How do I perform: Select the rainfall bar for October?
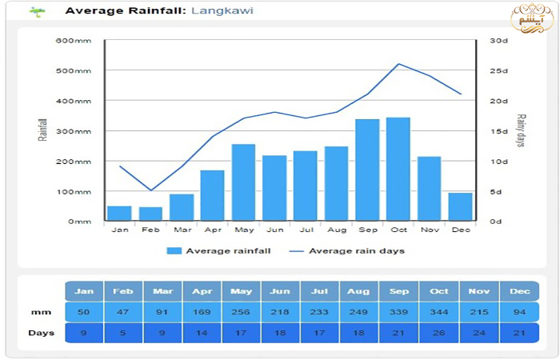(x=398, y=169)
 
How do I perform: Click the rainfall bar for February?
(x=150, y=214)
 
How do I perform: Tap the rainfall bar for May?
(x=243, y=182)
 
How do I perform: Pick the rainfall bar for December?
(x=460, y=206)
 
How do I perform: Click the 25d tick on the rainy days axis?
(x=499, y=70)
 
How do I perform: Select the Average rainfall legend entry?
(x=218, y=250)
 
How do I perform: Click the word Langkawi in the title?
(x=218, y=11)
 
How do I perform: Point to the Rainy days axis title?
(x=520, y=130)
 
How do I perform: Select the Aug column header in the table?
(x=359, y=291)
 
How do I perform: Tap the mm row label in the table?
(x=36, y=311)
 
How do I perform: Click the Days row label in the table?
(x=40, y=332)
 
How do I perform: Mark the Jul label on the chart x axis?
(x=305, y=230)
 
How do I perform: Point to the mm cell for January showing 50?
(x=84, y=311)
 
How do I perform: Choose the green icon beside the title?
(x=37, y=12)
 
